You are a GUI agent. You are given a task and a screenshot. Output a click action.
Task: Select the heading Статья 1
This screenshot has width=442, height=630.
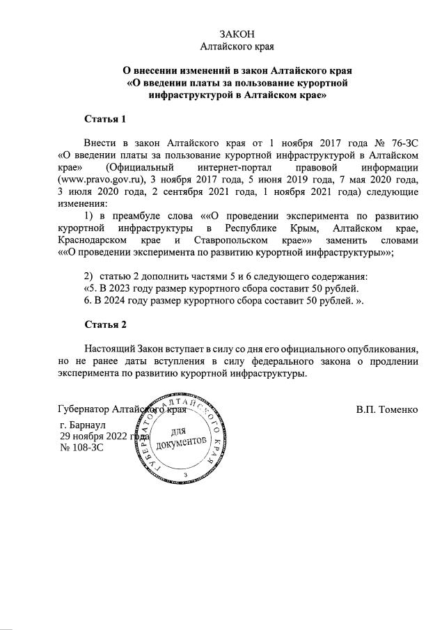[x=105, y=119]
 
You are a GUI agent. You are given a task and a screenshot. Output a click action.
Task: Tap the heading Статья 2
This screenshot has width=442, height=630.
[x=105, y=325]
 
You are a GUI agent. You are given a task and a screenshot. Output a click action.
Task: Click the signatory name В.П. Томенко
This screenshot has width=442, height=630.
[x=386, y=409]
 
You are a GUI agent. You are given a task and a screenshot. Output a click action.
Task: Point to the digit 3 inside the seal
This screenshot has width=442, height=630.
[x=186, y=474]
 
